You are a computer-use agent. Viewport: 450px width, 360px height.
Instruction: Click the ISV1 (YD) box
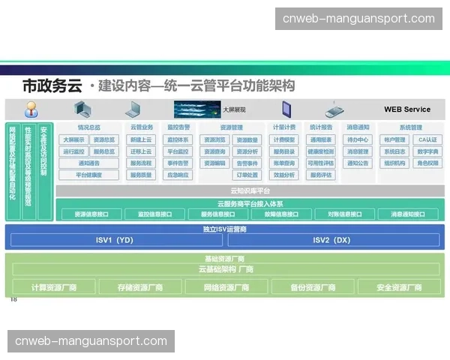click(x=115, y=240)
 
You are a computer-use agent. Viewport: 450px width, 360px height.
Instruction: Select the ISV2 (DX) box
click(x=331, y=240)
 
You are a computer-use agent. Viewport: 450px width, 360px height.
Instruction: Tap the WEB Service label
click(x=407, y=109)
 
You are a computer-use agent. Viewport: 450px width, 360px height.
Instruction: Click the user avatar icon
click(x=31, y=109)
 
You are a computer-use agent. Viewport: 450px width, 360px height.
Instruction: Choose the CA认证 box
click(x=427, y=139)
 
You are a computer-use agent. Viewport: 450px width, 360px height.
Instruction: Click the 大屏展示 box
click(x=74, y=139)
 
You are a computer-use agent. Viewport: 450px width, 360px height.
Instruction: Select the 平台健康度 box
click(x=89, y=175)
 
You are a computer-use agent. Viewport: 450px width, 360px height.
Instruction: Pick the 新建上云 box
click(x=141, y=139)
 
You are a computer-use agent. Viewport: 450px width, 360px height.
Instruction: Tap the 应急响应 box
click(x=178, y=175)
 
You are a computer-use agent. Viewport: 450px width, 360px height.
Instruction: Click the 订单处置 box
click(x=247, y=175)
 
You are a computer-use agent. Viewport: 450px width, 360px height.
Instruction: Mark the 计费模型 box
click(x=284, y=139)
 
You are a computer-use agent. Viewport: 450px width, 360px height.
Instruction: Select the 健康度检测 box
click(x=321, y=151)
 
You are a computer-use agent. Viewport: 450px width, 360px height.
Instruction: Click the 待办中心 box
click(x=358, y=139)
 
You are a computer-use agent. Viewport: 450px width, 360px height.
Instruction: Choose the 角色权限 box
click(x=427, y=163)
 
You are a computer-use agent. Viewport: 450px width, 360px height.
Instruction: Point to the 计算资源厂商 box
click(x=54, y=287)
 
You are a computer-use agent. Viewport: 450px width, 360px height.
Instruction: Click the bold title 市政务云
click(x=52, y=85)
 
